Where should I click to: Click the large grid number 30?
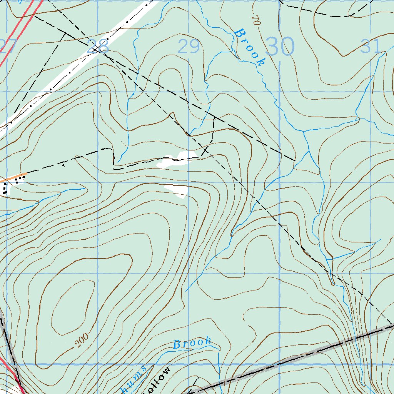pyautogui.click(x=280, y=47)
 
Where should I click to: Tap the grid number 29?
pyautogui.click(x=189, y=47)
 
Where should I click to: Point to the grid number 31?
pyautogui.click(x=371, y=47)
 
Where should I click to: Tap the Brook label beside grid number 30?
pyautogui.click(x=250, y=47)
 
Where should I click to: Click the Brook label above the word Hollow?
pyautogui.click(x=192, y=343)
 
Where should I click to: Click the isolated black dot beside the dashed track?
pyautogui.click(x=63, y=165)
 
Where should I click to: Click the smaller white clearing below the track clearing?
pyautogui.click(x=176, y=190)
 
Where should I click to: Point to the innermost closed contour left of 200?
pyautogui.click(x=71, y=304)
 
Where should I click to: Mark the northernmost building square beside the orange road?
pyautogui.click(x=24, y=177)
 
